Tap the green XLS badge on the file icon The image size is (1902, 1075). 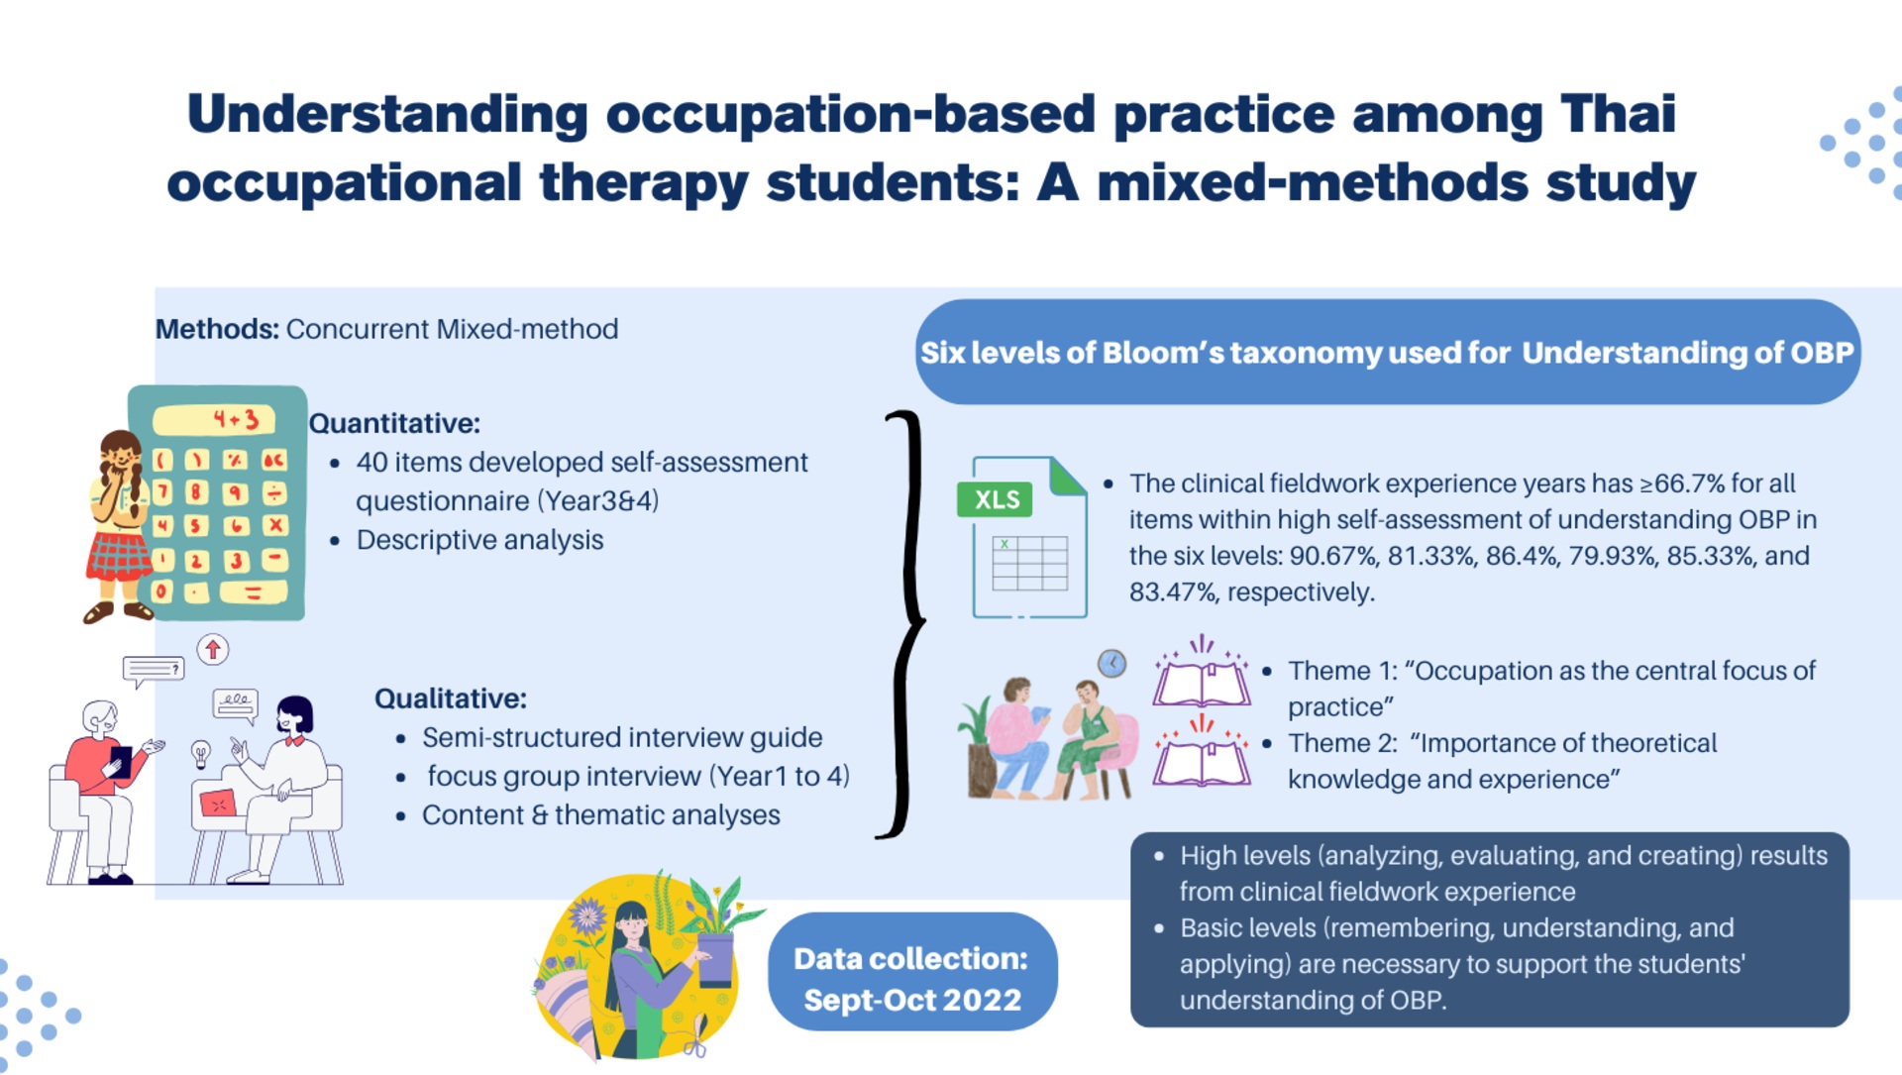[996, 499]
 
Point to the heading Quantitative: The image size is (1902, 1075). [394, 423]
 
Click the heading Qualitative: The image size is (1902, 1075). [451, 699]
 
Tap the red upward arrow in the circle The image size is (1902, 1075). [213, 650]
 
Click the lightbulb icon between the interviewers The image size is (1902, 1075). [201, 754]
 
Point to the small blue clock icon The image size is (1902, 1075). [1112, 663]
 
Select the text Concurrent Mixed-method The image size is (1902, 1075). [452, 329]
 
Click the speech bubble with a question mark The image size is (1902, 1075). [154, 671]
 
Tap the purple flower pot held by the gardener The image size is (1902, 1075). [716, 959]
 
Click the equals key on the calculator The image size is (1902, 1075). [253, 592]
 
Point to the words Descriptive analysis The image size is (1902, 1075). [479, 540]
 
